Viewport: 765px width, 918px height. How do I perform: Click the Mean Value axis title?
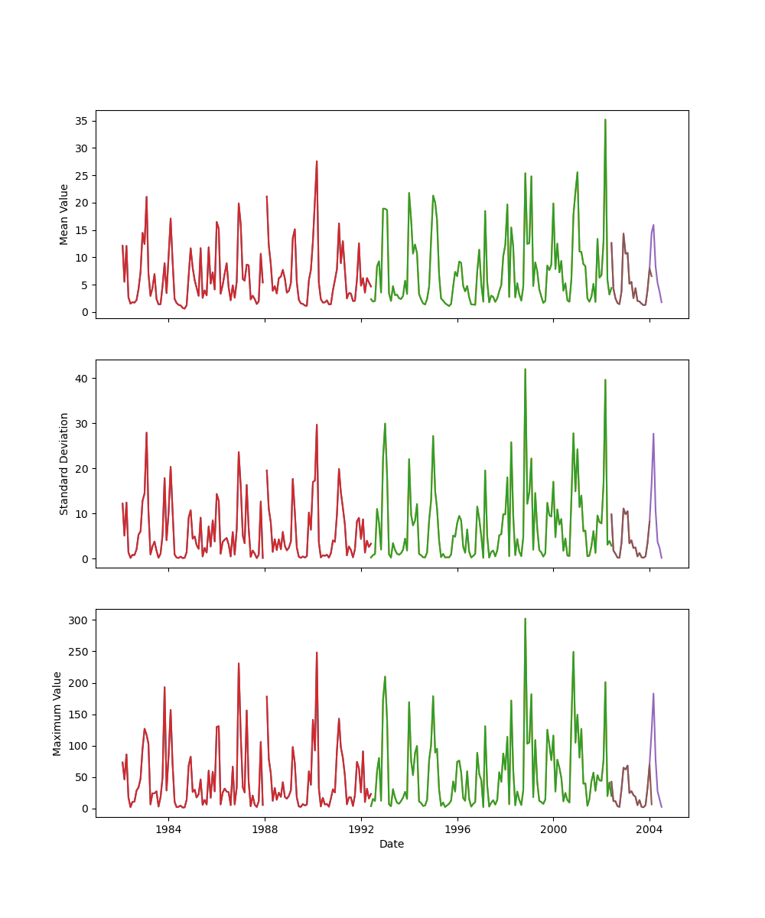click(64, 214)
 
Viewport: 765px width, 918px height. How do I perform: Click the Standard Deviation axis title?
click(64, 464)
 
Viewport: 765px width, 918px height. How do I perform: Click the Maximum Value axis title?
click(57, 713)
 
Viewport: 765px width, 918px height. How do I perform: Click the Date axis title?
click(392, 844)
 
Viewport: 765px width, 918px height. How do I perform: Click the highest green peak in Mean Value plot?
click(605, 119)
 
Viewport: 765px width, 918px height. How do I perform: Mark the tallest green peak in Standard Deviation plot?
click(525, 369)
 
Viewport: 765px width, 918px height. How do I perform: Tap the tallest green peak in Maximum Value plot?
click(525, 619)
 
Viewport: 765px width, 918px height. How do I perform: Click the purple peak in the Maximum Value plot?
click(653, 694)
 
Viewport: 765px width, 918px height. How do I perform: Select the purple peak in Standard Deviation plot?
click(653, 434)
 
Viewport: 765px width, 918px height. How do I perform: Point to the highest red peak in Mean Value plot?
click(317, 161)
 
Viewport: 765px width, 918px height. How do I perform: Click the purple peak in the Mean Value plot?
click(653, 225)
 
